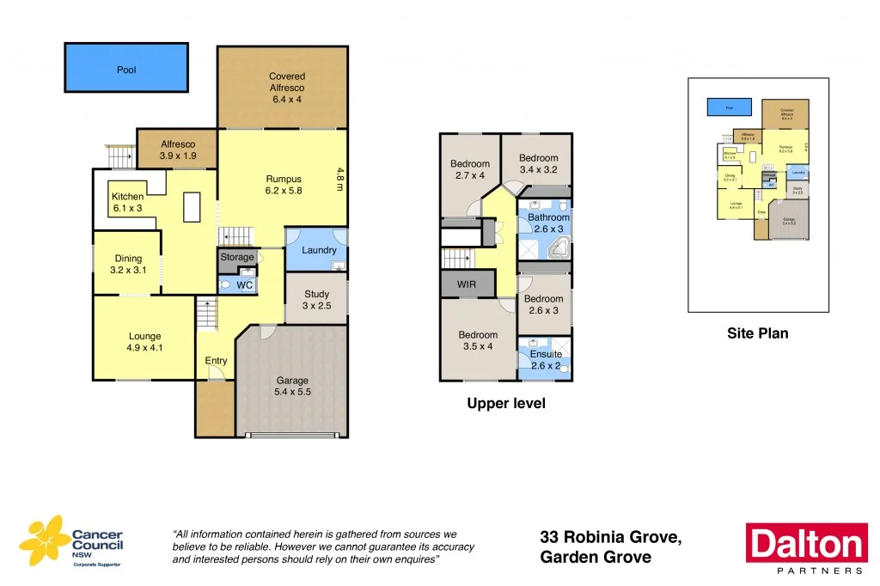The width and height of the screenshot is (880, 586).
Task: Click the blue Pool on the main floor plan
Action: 126,68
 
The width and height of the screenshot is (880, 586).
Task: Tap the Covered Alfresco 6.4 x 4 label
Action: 286,88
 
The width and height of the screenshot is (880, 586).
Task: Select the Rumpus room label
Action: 283,185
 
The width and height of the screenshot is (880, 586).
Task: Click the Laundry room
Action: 318,250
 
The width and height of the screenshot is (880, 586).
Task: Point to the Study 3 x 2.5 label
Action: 316,300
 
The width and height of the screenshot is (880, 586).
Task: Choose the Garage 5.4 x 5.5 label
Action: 291,387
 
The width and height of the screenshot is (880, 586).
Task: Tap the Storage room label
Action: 237,257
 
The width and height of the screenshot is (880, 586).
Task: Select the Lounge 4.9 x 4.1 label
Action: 145,342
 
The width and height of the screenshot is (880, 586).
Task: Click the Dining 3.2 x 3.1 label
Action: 128,264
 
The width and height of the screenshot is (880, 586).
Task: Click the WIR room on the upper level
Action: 466,284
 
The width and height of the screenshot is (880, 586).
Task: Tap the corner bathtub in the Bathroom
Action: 557,249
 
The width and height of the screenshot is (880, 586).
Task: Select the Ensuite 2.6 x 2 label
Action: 545,359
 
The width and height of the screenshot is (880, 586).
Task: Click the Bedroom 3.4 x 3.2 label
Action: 538,163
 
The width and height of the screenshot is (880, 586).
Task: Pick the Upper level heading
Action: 505,403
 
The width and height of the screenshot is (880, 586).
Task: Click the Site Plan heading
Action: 757,333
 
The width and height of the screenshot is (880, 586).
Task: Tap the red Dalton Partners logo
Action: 805,546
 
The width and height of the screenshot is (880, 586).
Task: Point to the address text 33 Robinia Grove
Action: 611,537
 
